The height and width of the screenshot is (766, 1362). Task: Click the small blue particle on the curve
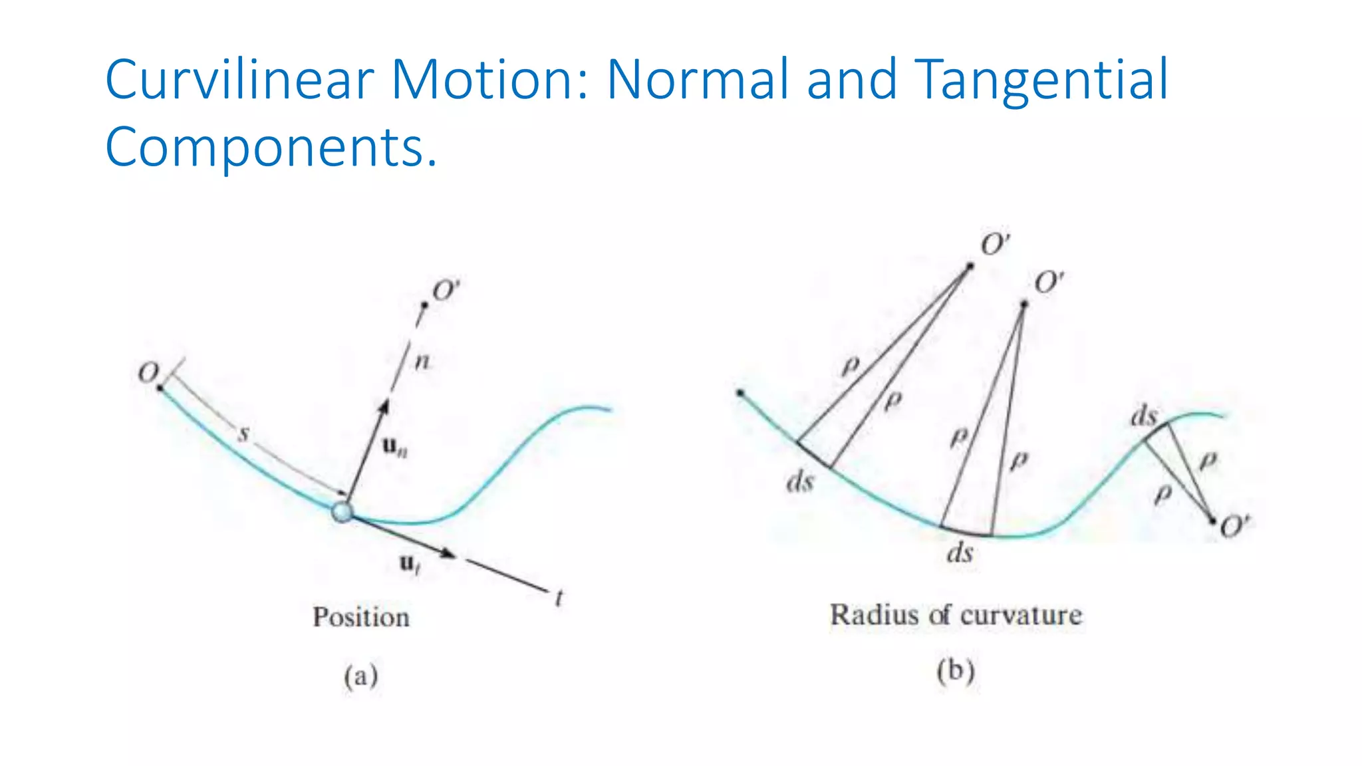pyautogui.click(x=342, y=512)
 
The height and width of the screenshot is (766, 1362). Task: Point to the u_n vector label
pyautogui.click(x=394, y=447)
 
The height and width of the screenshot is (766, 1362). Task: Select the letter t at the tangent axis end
pyautogui.click(x=559, y=598)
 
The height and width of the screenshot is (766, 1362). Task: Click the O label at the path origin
pyautogui.click(x=148, y=372)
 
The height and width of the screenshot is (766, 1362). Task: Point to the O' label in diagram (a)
pyautogui.click(x=446, y=291)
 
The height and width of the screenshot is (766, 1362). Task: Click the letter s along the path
pyautogui.click(x=243, y=434)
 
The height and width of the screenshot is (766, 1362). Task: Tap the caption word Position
pyautogui.click(x=361, y=617)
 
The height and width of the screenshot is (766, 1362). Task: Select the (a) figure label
pyautogui.click(x=360, y=676)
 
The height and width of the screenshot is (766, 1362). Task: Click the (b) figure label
pyautogui.click(x=955, y=671)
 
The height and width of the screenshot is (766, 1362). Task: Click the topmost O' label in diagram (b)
pyautogui.click(x=996, y=245)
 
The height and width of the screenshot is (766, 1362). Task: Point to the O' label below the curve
pyautogui.click(x=1235, y=527)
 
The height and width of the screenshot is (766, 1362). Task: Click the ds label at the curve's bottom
pyautogui.click(x=960, y=553)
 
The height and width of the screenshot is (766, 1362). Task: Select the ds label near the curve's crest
pyautogui.click(x=1144, y=417)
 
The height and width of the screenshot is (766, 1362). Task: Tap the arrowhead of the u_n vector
pyautogui.click(x=384, y=406)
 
